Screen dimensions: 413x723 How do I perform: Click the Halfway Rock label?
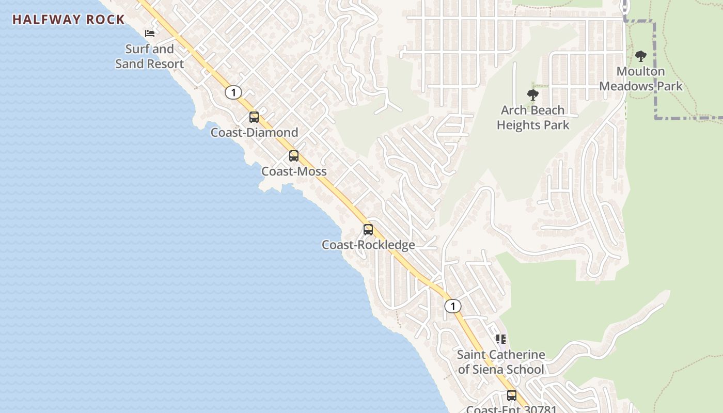[x=69, y=20]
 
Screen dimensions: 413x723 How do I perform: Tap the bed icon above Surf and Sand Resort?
[x=150, y=34]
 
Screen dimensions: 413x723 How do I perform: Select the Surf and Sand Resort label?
[x=149, y=56]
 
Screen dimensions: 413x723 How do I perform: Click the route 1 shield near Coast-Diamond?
[x=233, y=92]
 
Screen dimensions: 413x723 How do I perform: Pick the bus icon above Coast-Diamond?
[x=254, y=117]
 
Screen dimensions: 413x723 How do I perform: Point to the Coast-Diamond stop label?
[x=254, y=133]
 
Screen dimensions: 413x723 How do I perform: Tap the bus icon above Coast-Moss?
[x=294, y=156]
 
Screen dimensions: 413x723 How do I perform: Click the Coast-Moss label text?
[x=294, y=171]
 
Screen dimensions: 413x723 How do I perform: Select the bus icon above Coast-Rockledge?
[x=368, y=230]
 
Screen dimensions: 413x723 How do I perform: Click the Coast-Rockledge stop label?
[x=368, y=245]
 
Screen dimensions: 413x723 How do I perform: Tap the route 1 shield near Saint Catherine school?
[x=453, y=306]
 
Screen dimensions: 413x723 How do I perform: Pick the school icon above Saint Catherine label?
[x=501, y=339]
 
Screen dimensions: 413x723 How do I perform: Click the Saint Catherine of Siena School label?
[x=501, y=362]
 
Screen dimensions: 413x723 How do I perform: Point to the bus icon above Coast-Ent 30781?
[x=512, y=395]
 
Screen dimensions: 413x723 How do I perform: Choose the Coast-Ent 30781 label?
[x=511, y=409]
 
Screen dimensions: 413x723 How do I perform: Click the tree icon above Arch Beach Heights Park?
[x=533, y=95]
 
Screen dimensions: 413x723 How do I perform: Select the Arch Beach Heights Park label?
[x=533, y=117]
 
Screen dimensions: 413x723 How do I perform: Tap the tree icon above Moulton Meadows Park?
[x=641, y=56]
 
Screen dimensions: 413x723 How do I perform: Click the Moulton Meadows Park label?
[x=641, y=78]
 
